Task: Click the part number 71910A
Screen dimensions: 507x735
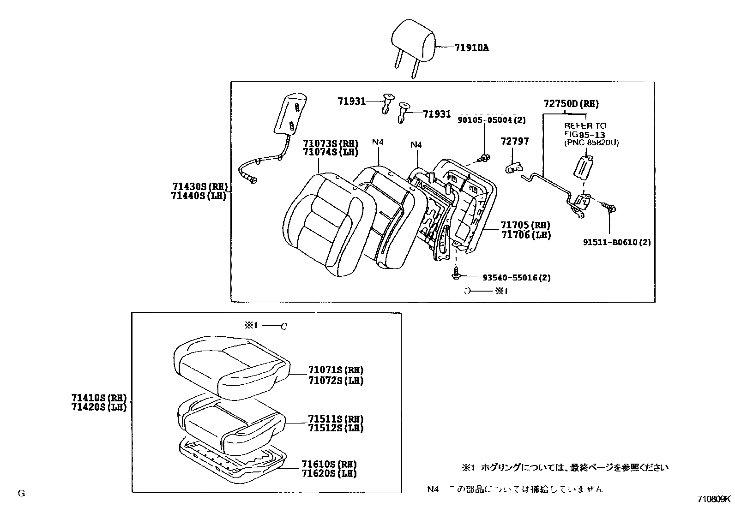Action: (471, 48)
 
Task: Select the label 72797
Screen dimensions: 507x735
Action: (515, 142)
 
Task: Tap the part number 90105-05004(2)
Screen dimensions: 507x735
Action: (492, 120)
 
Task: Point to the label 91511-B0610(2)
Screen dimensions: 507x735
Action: (616, 242)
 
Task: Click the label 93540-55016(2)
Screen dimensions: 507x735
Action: (516, 278)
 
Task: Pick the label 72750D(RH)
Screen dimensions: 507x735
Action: (571, 104)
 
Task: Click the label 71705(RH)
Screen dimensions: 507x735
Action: (525, 226)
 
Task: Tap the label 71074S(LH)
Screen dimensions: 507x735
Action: (330, 152)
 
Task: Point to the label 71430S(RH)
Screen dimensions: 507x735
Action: (199, 187)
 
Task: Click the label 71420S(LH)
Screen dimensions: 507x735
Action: (99, 407)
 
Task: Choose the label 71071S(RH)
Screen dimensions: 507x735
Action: (336, 370)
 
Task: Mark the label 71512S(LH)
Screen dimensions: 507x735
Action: (336, 428)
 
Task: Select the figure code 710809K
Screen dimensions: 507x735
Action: (714, 499)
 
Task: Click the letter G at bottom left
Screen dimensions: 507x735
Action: (21, 493)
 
